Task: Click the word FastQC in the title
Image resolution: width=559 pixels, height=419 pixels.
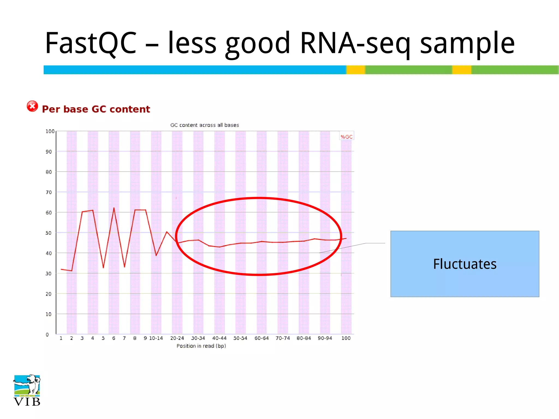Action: pyautogui.click(x=91, y=43)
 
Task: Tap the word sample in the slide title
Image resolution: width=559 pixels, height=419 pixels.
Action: pyautogui.click(x=467, y=43)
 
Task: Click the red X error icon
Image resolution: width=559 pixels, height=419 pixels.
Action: pyautogui.click(x=32, y=106)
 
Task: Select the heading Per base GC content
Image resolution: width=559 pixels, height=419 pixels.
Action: pyautogui.click(x=96, y=109)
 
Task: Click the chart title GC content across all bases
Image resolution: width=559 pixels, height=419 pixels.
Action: pyautogui.click(x=204, y=125)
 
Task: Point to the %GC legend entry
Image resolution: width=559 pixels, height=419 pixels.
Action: pyautogui.click(x=346, y=137)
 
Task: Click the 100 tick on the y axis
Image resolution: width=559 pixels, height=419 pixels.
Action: pyautogui.click(x=50, y=131)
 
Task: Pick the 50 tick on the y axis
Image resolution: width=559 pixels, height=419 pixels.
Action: pyautogui.click(x=49, y=233)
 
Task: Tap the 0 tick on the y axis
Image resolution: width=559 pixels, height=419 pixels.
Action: pyautogui.click(x=47, y=334)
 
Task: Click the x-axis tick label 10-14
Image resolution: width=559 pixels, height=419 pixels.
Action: pyautogui.click(x=156, y=338)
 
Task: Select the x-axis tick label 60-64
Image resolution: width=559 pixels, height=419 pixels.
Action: pyautogui.click(x=261, y=338)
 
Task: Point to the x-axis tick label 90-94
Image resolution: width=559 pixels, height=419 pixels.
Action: pyautogui.click(x=325, y=338)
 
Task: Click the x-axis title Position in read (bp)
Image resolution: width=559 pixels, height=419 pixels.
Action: pyautogui.click(x=201, y=346)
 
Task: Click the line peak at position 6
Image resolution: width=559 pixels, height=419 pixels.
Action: pyautogui.click(x=114, y=208)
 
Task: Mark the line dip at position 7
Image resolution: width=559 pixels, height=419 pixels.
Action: pyautogui.click(x=124, y=267)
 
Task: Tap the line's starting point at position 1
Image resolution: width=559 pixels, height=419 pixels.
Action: pyautogui.click(x=61, y=269)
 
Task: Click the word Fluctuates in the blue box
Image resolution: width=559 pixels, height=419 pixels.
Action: pyautogui.click(x=465, y=264)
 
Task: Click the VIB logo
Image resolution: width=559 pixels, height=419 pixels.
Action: pyautogui.click(x=27, y=390)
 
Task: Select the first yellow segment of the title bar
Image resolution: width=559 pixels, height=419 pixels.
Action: pyautogui.click(x=356, y=70)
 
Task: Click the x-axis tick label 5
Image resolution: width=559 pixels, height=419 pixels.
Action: pyautogui.click(x=103, y=338)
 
